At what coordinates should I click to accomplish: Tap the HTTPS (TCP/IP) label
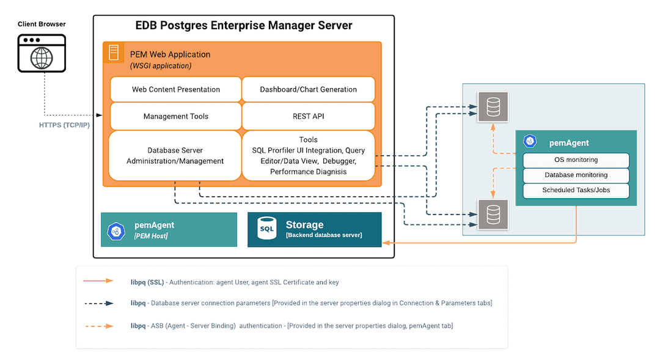(64, 125)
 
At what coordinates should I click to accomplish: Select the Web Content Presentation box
(176, 89)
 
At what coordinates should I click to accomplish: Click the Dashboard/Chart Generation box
(308, 89)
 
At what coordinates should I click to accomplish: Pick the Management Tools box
(176, 116)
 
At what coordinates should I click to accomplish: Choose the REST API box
(308, 116)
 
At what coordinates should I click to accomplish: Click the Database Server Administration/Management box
(175, 156)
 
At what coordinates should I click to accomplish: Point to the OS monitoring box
(576, 160)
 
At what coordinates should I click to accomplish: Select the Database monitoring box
(576, 175)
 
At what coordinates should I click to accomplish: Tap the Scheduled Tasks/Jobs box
(576, 191)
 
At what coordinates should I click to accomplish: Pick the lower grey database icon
(493, 215)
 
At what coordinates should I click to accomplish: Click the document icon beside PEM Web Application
(114, 53)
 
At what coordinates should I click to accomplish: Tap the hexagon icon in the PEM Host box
(116, 230)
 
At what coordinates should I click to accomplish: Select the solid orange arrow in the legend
(98, 281)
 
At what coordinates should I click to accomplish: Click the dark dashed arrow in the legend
(98, 303)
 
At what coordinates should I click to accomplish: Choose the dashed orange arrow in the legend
(98, 326)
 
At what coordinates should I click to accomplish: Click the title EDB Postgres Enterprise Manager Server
(243, 26)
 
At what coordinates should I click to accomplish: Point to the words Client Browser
(42, 24)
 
